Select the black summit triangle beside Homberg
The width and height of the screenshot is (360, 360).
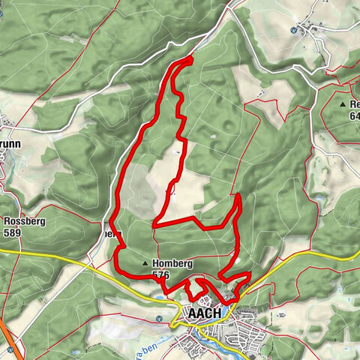[145, 264]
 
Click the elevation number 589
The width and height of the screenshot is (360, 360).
[13, 233]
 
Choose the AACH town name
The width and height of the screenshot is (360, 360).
[205, 313]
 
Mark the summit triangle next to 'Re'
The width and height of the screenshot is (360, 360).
[342, 104]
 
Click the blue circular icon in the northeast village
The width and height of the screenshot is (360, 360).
[293, 31]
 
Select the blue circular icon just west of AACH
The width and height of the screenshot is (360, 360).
[159, 317]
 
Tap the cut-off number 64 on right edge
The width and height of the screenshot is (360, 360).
[354, 116]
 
